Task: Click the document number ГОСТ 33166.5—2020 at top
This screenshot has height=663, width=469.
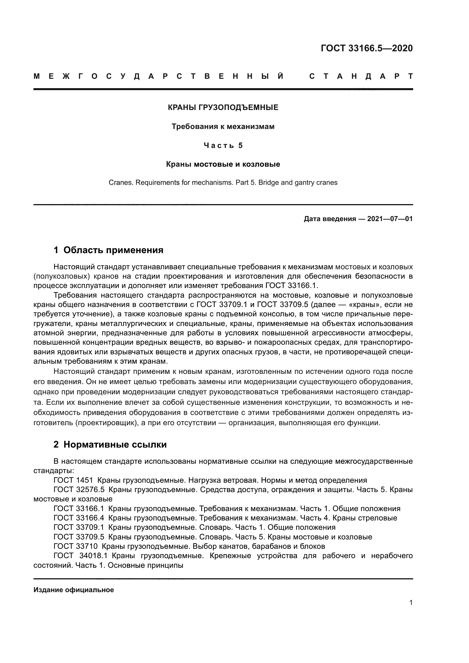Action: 366,48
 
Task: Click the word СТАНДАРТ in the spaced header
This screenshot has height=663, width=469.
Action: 361,77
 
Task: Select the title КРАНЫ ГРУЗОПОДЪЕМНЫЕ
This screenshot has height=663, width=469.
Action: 223,108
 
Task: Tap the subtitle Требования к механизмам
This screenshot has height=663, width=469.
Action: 223,126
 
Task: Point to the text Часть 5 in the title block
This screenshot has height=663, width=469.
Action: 223,145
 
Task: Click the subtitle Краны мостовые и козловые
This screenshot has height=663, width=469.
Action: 223,164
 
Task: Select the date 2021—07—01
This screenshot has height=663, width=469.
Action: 390,219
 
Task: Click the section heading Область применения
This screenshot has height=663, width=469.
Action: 113,250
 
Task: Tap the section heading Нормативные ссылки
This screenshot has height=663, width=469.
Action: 115,444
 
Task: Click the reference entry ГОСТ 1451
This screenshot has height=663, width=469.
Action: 73,480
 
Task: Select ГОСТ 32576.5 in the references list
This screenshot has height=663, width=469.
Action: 79,490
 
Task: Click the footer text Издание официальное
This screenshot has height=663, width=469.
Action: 74,590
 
